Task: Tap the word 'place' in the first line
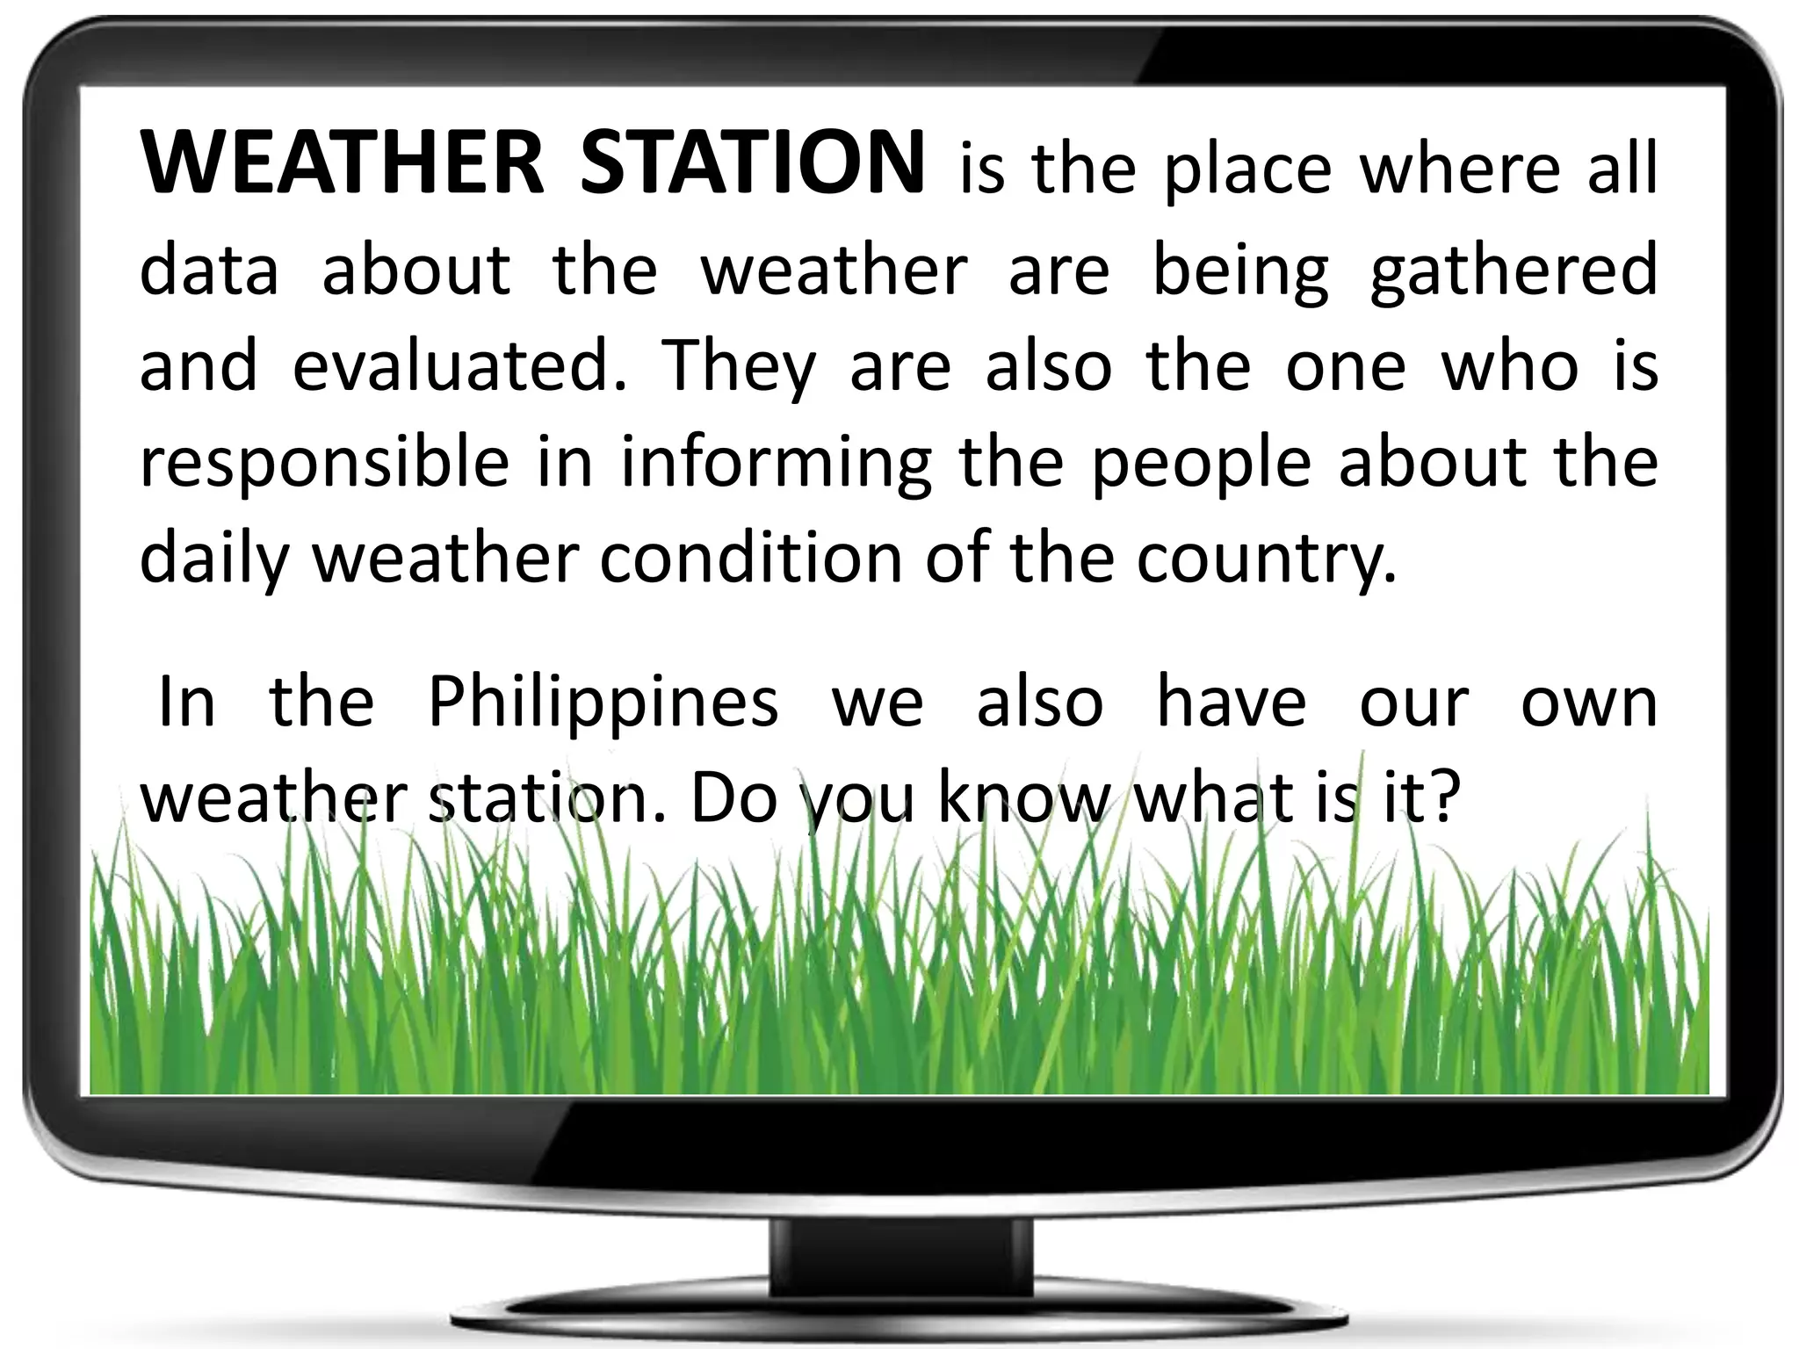[1248, 169]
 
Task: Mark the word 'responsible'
[324, 464]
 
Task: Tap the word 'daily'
[213, 560]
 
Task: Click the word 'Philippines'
[603, 704]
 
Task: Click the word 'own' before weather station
[1588, 704]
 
